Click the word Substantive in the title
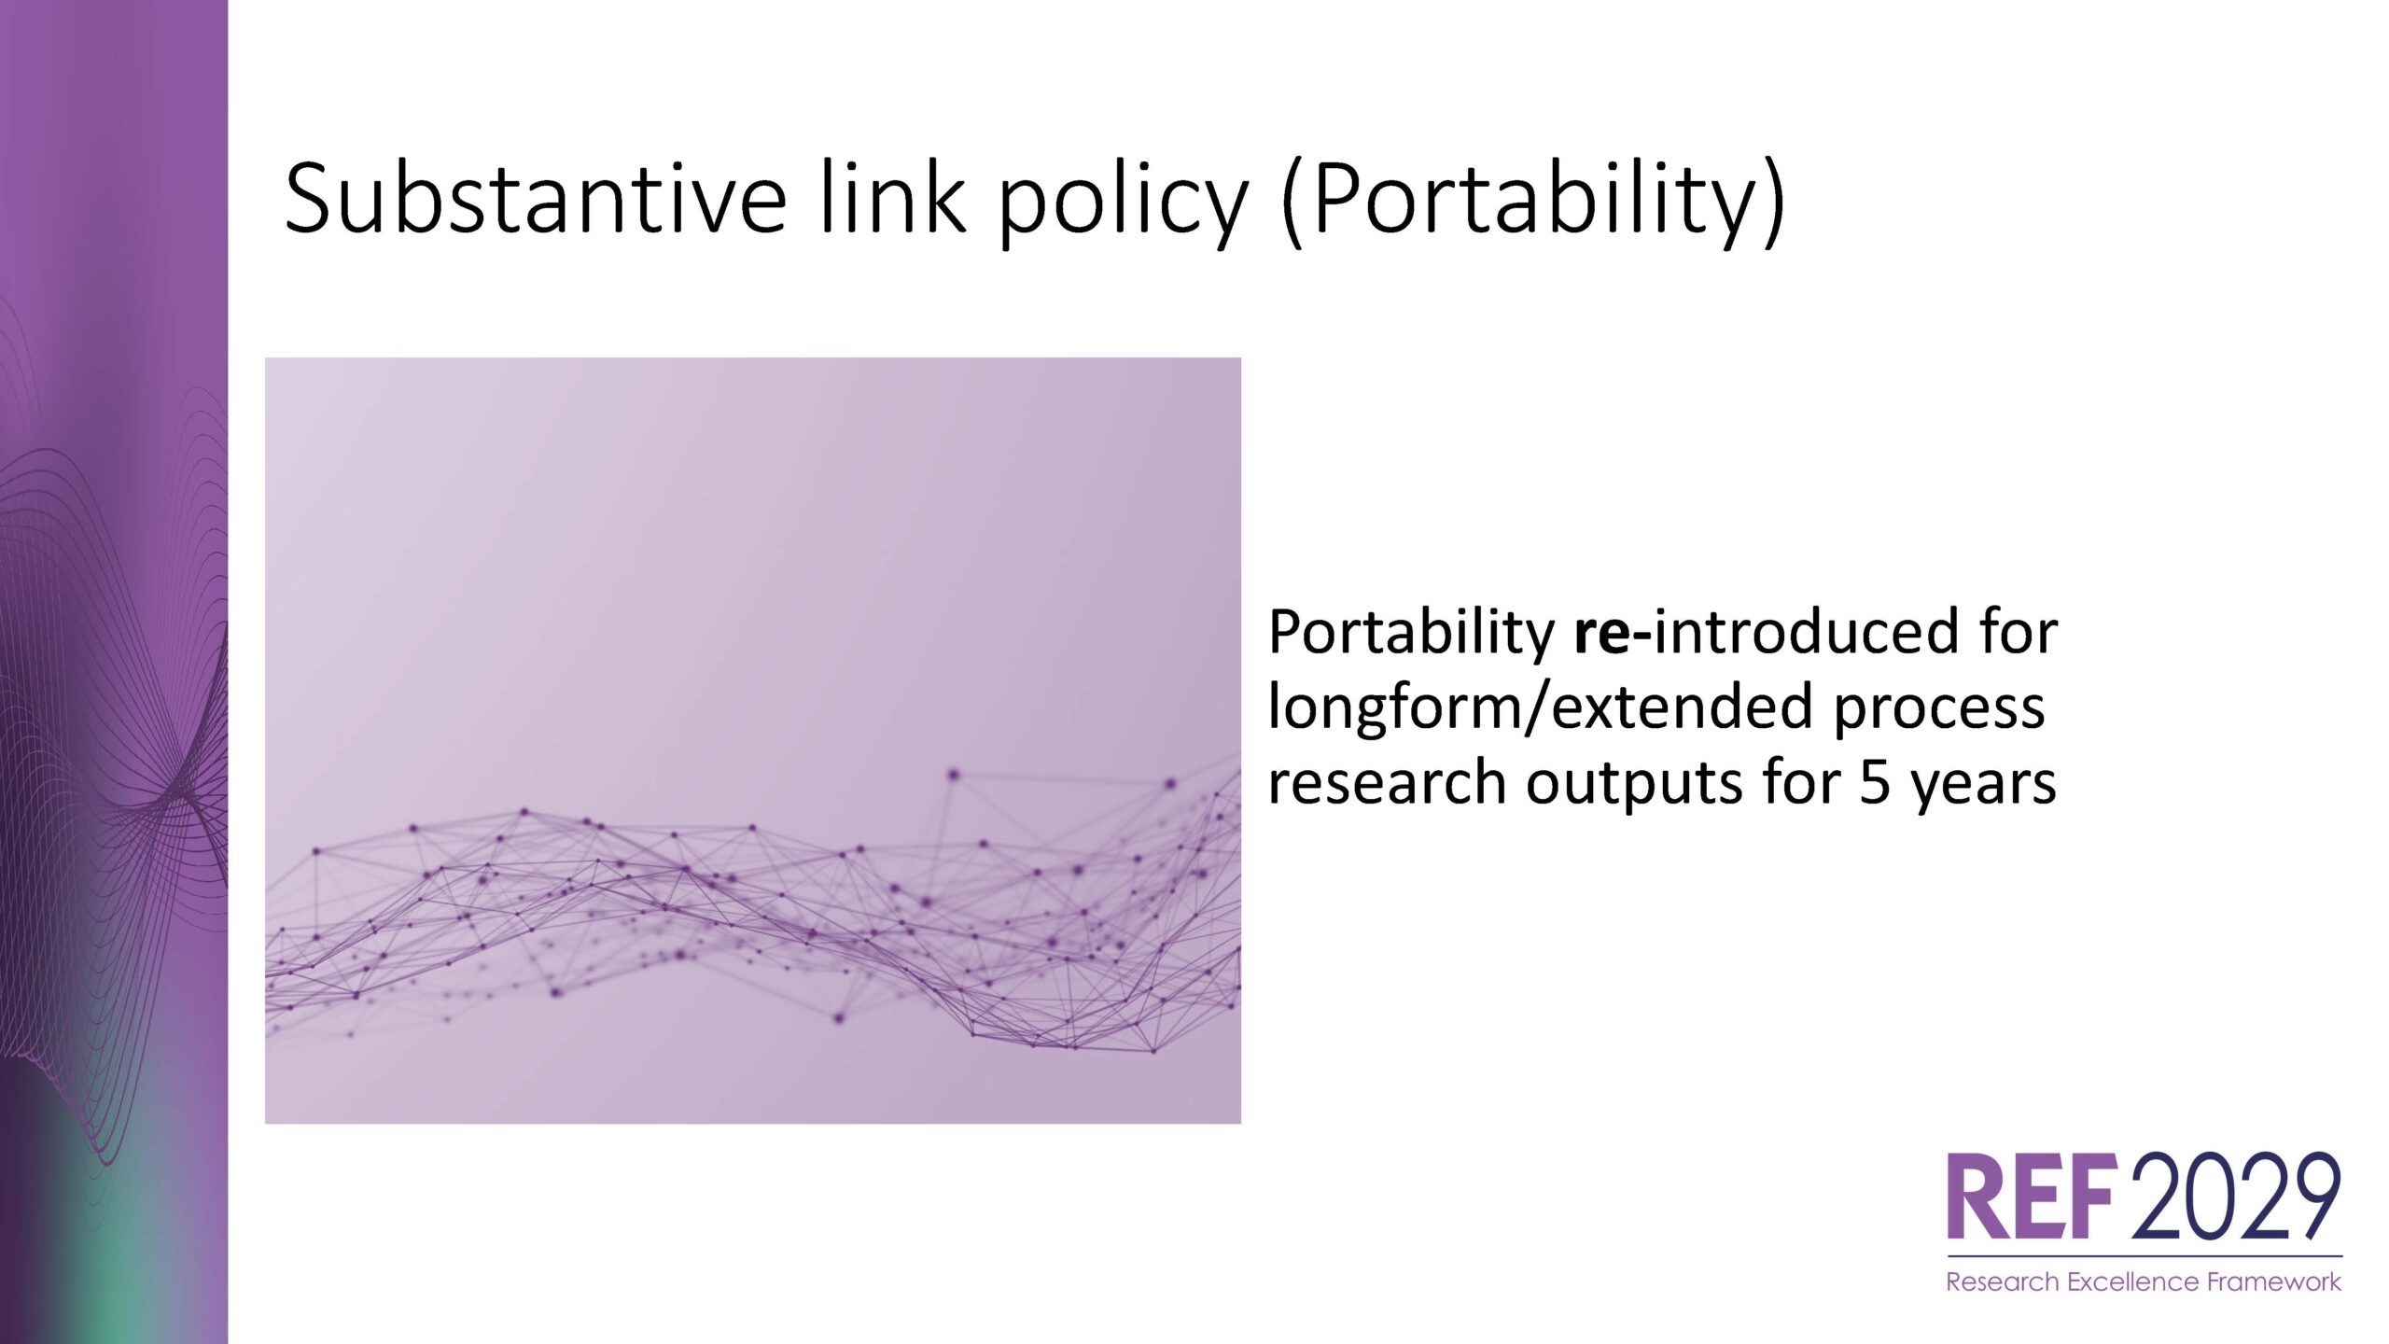coord(536,197)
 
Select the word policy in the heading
coord(1123,203)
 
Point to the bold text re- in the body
coord(1613,634)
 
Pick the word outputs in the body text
coord(1634,785)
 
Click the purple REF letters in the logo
coord(2030,1196)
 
